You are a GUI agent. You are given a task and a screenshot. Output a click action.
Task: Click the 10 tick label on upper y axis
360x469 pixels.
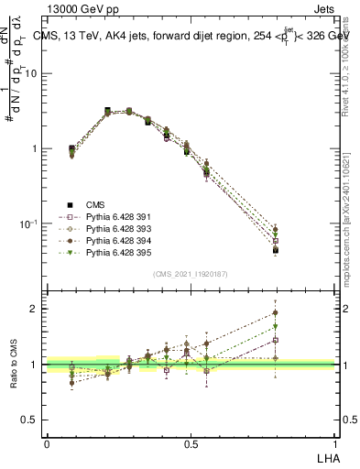(x=32, y=73)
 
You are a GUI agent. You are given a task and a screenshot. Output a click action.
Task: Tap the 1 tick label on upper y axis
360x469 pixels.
(x=36, y=148)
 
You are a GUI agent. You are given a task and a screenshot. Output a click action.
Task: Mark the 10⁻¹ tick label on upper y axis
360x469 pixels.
(x=30, y=224)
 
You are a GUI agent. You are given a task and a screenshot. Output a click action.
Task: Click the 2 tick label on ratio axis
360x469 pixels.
(x=36, y=309)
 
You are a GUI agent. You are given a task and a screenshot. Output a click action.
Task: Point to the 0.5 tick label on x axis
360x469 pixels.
(x=191, y=443)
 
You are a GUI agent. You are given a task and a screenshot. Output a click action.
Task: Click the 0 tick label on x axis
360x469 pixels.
(x=47, y=443)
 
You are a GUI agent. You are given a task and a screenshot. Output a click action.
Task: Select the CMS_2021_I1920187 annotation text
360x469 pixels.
(x=191, y=275)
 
